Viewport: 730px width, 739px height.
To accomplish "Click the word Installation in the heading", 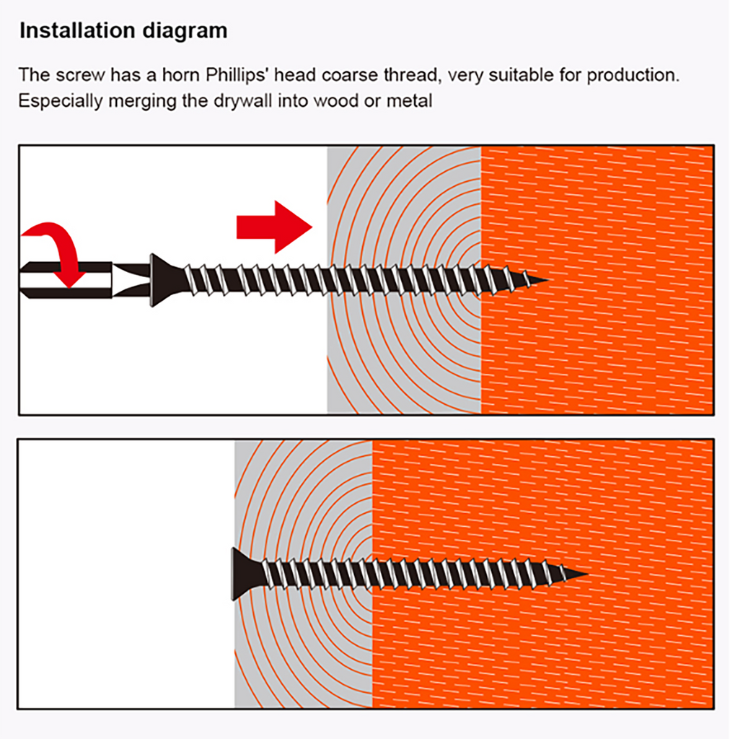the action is (x=77, y=30).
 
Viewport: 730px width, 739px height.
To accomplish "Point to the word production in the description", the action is (x=633, y=75).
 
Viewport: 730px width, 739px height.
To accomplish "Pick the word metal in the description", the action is (x=409, y=101).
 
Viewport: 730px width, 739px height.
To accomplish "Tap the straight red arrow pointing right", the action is (x=274, y=227).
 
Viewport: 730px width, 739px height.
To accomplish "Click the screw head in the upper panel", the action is (x=165, y=281).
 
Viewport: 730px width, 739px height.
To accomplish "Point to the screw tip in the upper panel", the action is (x=547, y=280).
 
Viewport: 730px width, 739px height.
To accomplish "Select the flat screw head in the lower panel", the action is (x=245, y=574).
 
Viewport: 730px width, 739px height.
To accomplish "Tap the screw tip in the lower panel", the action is (x=588, y=574).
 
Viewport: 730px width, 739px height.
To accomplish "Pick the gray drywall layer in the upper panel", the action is (x=404, y=281).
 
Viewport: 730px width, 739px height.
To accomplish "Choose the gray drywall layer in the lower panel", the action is (x=303, y=574).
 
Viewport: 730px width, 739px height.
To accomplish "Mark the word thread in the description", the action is (x=413, y=75).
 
